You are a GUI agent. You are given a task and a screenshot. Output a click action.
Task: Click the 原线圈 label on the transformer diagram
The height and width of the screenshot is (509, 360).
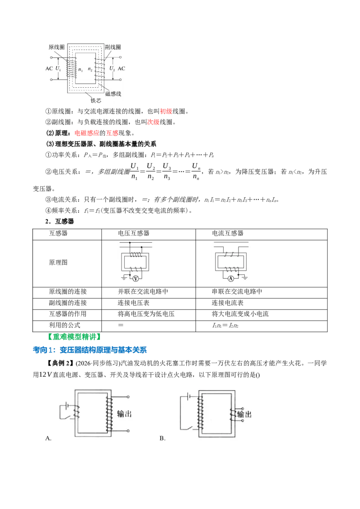pos(57,47)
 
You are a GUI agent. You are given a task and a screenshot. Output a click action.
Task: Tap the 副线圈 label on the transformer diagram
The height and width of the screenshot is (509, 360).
pos(113,47)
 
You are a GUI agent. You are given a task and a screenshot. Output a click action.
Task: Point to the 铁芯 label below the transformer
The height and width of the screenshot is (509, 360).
pos(96,100)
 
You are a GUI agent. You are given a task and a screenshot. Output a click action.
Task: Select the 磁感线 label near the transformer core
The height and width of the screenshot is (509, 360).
pos(113,94)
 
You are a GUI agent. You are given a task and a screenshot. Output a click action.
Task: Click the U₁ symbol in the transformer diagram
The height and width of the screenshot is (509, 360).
pos(58,68)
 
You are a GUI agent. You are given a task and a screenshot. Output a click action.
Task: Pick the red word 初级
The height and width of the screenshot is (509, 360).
pos(166,112)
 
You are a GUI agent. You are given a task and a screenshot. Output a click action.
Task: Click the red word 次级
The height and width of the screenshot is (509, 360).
pos(153,122)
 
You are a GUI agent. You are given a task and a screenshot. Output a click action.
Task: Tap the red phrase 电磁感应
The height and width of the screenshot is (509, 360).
pos(87,133)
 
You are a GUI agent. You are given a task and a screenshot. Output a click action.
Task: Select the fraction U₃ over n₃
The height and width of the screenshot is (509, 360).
pos(166,171)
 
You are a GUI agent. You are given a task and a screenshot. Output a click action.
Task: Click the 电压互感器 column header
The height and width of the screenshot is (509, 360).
pos(134,233)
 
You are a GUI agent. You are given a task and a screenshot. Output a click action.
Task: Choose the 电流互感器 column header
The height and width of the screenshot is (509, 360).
pos(228,233)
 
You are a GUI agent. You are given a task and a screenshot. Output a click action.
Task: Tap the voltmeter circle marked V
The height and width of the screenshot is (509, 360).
pos(136,278)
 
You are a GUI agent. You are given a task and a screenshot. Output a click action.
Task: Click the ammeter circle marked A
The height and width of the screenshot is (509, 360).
pos(231,278)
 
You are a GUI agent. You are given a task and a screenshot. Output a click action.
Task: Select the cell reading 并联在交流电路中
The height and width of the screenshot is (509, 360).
pos(143,291)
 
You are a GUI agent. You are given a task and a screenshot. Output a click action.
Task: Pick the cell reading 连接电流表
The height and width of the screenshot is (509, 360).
pos(227,303)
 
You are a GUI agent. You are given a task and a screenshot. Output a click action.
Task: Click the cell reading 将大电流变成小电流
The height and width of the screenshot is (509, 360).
pos(240,314)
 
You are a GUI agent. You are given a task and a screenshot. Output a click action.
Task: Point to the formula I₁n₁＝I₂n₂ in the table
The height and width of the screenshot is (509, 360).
pos(225,325)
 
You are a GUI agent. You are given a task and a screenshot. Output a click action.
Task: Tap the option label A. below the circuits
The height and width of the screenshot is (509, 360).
pos(49,438)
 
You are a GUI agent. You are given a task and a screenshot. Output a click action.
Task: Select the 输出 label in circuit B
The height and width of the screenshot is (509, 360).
pos(244,414)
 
